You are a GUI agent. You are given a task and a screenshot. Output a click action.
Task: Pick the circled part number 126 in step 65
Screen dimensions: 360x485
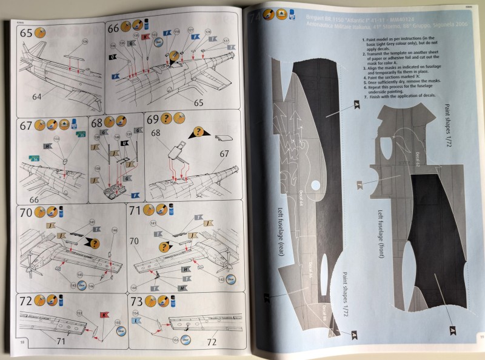(85, 41)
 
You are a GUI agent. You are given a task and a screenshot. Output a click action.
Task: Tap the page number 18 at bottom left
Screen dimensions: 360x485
(22, 342)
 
